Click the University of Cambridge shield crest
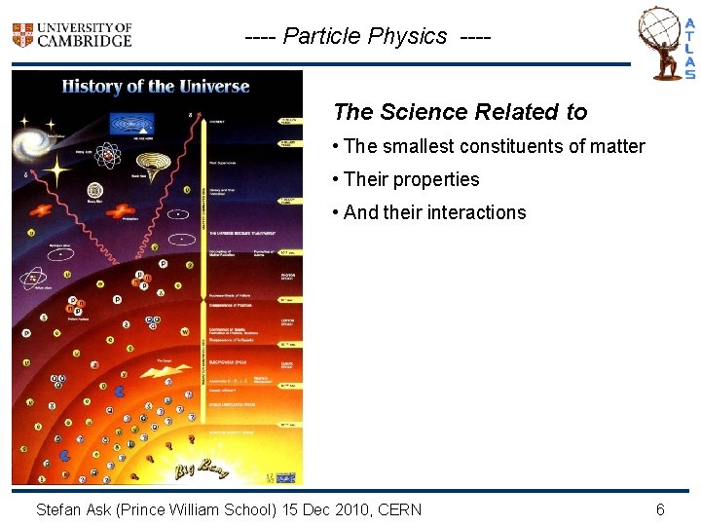22,35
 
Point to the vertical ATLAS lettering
689,49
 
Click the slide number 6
660,509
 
